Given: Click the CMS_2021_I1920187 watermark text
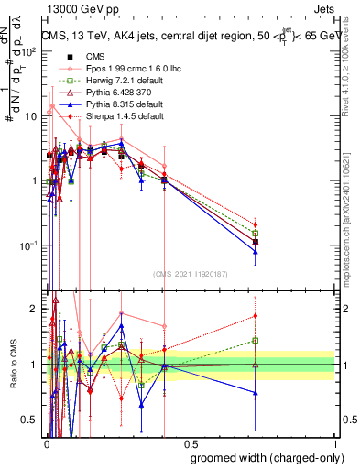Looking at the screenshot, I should coord(190,274).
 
